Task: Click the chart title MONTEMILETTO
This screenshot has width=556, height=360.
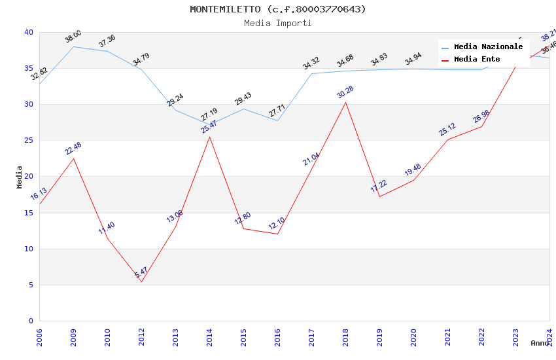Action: (278, 9)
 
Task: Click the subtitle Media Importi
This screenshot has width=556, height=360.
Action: (278, 23)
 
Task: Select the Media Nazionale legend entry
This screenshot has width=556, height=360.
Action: (488, 46)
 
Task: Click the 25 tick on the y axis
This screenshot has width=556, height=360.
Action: (29, 141)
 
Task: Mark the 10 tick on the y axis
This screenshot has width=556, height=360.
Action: (29, 249)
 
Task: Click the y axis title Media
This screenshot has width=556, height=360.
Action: (20, 177)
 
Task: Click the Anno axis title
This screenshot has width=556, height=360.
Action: (540, 343)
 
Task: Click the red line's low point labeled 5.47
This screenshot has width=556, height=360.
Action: (141, 281)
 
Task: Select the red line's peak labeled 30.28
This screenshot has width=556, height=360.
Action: (345, 102)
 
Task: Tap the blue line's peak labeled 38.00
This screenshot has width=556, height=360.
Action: (73, 46)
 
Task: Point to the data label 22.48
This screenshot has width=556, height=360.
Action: (73, 149)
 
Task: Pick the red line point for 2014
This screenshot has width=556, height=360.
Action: (209, 137)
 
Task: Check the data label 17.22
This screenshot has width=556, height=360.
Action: (379, 187)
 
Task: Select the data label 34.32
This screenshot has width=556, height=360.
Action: (311, 63)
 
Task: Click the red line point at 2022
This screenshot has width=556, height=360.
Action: (481, 126)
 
